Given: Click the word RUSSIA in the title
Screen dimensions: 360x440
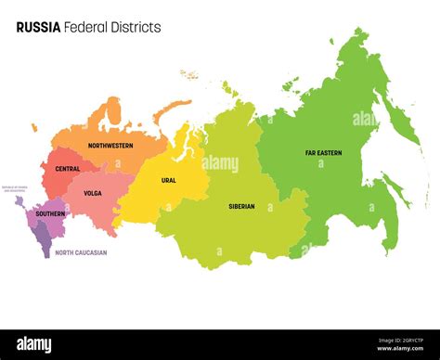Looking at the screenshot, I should (x=38, y=28).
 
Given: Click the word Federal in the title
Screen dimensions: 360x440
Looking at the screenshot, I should (x=88, y=28).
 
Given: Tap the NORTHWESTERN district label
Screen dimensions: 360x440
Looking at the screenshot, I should (x=110, y=146).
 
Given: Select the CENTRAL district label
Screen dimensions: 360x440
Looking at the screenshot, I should (x=67, y=169).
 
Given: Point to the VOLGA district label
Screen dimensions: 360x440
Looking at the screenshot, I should (x=92, y=194).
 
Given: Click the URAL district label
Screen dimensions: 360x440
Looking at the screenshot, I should (x=168, y=180).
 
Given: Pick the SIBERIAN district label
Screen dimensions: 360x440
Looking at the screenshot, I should (x=241, y=206).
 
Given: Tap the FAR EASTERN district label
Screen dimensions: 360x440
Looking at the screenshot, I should (x=324, y=153).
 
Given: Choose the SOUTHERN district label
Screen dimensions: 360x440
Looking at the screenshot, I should (x=50, y=214).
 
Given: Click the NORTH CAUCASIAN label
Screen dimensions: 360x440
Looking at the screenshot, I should (x=81, y=252).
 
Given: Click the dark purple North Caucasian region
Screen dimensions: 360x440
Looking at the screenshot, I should (x=45, y=242).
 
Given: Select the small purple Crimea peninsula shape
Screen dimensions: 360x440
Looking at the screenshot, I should (x=19, y=200).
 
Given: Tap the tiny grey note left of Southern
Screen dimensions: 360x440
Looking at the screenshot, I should (x=14, y=188).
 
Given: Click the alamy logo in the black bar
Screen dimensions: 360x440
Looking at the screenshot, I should (x=34, y=345).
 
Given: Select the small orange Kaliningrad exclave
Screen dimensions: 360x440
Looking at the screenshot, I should (x=34, y=128).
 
